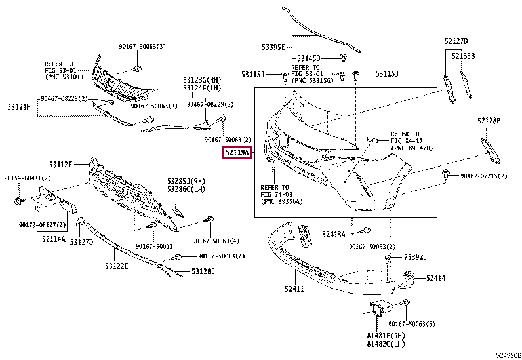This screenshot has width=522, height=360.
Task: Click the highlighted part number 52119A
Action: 235,153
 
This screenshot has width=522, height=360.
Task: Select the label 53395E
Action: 273,47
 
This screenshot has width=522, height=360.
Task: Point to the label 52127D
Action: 456,41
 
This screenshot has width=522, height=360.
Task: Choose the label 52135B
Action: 463,55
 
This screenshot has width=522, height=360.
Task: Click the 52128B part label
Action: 489,121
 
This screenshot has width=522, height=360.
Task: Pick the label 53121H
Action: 20,106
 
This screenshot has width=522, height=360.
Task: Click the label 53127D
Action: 82,242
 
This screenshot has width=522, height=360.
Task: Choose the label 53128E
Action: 203,271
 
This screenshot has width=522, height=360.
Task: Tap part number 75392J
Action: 415,256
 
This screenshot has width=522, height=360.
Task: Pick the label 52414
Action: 435,278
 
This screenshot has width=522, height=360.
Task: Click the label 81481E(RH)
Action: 386,336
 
